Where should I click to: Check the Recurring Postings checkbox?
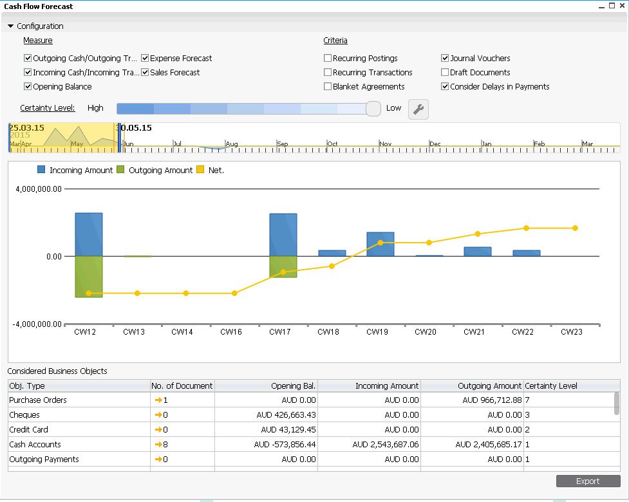pos(327,58)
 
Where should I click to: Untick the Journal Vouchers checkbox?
pos(444,58)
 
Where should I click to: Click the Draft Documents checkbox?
pos(444,72)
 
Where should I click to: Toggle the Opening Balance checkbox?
pos(28,86)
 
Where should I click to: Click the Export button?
pos(588,481)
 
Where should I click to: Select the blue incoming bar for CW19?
pos(380,244)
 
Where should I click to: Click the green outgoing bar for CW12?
pos(89,277)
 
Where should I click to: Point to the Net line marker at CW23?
pos(575,228)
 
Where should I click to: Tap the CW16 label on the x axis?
pos(231,332)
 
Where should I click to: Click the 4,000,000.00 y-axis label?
pos(39,189)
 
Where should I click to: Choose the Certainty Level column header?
pos(550,386)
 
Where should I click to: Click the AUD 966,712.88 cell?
pos(492,400)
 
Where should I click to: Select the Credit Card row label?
pos(28,429)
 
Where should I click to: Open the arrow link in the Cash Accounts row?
pos(158,444)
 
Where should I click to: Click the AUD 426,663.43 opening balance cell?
pos(286,415)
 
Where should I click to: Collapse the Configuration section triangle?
pos(11,26)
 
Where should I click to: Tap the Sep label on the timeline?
pos(283,144)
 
